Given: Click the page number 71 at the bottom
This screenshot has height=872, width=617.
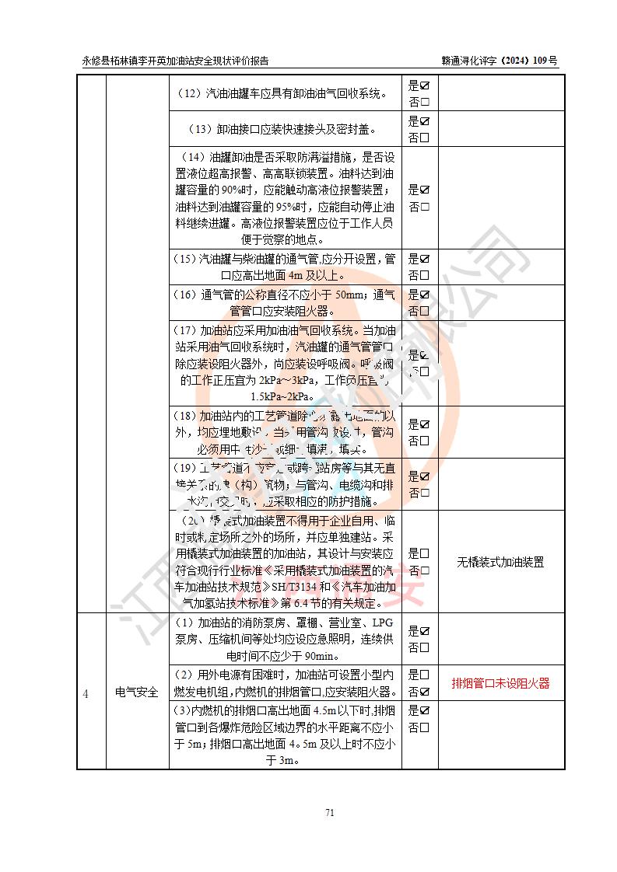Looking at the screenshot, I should point(329,813).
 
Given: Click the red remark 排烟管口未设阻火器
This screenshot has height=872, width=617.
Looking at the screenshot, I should point(500,683).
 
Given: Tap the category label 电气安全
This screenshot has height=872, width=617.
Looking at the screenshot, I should point(137,691).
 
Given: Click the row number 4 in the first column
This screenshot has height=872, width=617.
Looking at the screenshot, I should point(86,691).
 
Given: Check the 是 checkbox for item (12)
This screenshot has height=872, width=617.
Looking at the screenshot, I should point(425,85).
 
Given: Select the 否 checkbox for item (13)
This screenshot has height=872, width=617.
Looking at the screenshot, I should point(425,138).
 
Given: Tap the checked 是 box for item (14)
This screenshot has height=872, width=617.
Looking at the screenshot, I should point(425,190).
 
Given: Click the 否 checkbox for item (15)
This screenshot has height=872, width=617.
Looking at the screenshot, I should point(425,276).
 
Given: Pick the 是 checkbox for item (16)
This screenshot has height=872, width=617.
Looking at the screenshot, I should point(425,294).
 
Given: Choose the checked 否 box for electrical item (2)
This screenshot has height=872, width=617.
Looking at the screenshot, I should point(425,692).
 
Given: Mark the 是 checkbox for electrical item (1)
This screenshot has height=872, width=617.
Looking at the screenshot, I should point(425,630).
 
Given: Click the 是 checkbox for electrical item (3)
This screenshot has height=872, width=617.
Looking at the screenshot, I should point(425,710).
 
